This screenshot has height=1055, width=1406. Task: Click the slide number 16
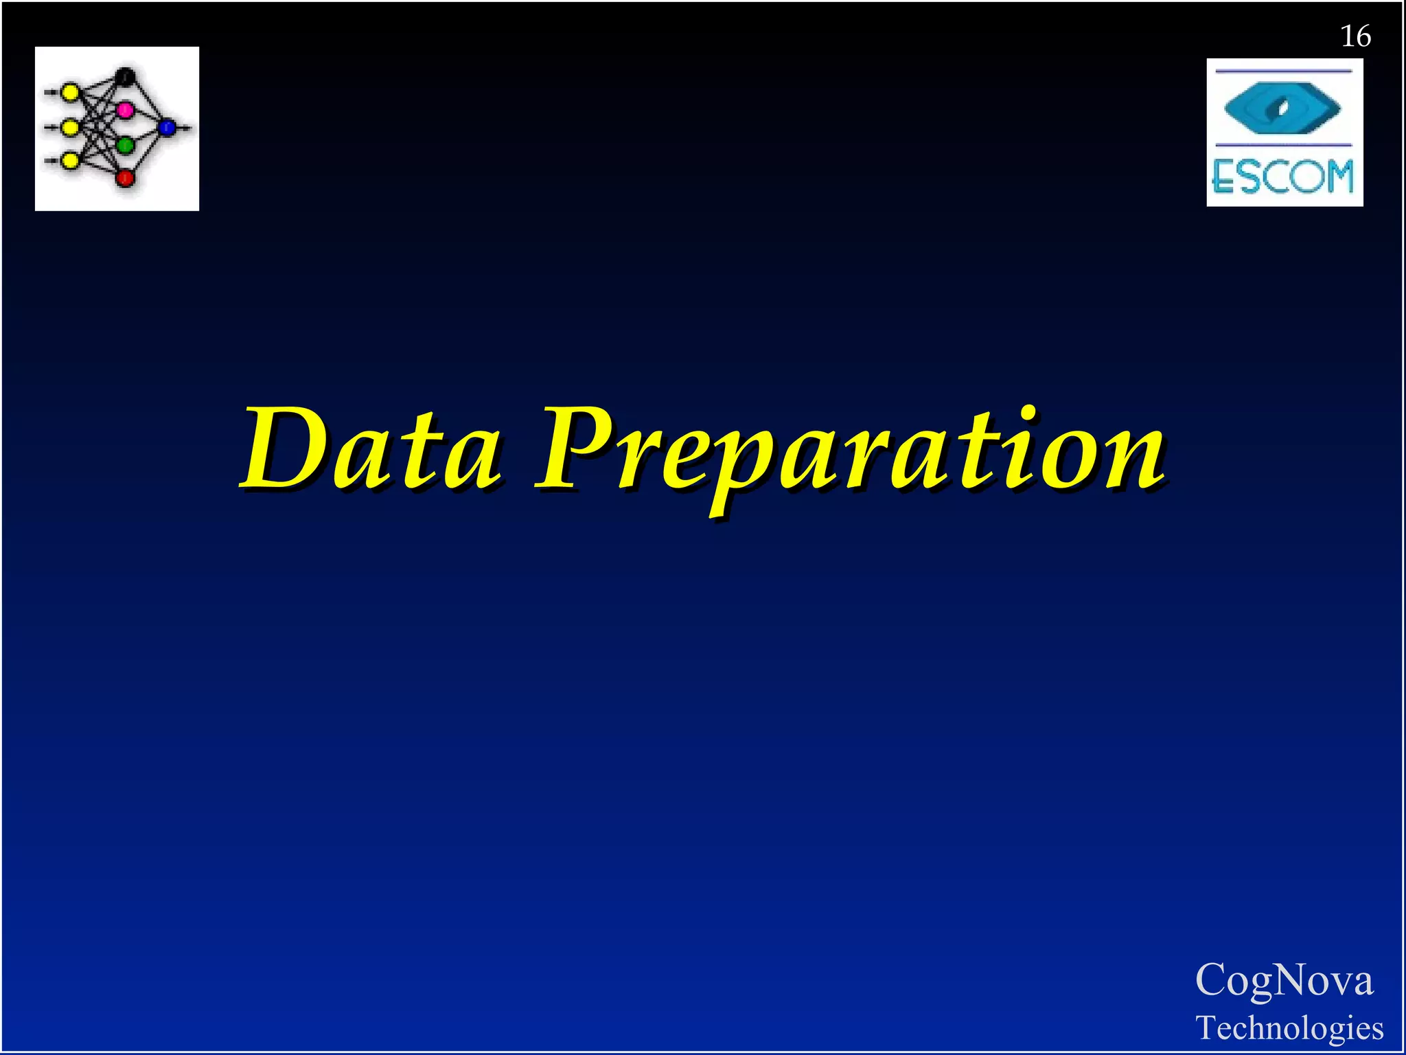[1355, 36]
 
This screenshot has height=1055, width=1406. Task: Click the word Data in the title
[371, 449]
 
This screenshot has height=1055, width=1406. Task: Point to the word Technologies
[1289, 1028]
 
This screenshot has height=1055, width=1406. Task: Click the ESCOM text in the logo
[1283, 177]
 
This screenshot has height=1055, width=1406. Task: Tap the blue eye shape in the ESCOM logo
[1282, 109]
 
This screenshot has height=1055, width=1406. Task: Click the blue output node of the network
[167, 127]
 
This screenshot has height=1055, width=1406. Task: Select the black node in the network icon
[126, 76]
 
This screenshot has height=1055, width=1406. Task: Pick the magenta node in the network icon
[125, 109]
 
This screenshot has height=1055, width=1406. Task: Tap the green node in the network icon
[125, 145]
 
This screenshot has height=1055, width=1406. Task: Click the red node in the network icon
[125, 178]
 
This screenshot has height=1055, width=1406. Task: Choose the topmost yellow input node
[70, 91]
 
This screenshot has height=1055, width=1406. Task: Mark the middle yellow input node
[70, 127]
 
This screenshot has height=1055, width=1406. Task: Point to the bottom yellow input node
[70, 161]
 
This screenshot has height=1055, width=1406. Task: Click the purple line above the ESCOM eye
[1282, 71]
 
